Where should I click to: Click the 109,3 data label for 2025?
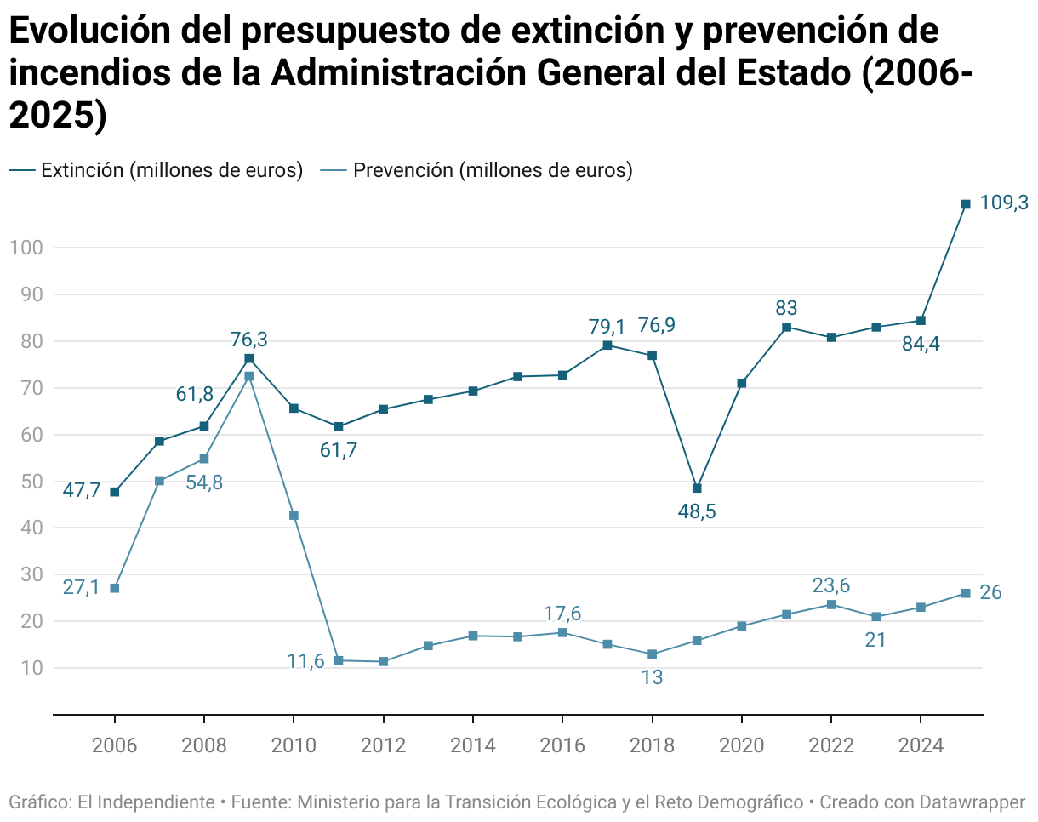pos(1004,203)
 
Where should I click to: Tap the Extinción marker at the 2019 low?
pos(697,488)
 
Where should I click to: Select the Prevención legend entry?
pos(476,170)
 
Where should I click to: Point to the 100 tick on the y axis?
pos(26,248)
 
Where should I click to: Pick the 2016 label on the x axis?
pos(562,746)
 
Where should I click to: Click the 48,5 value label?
pos(697,512)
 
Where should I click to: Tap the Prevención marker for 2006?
pos(115,588)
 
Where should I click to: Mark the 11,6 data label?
pos(305,662)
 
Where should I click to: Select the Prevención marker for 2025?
pos(966,593)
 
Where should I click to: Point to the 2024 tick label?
pos(921,746)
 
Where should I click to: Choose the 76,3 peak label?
pos(248,340)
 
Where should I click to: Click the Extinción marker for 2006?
pos(115,492)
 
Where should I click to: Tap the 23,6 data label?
pos(831,585)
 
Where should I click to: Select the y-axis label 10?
pos(26,668)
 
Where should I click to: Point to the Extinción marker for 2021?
pos(786,327)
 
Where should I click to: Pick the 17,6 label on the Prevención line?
pos(562,614)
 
